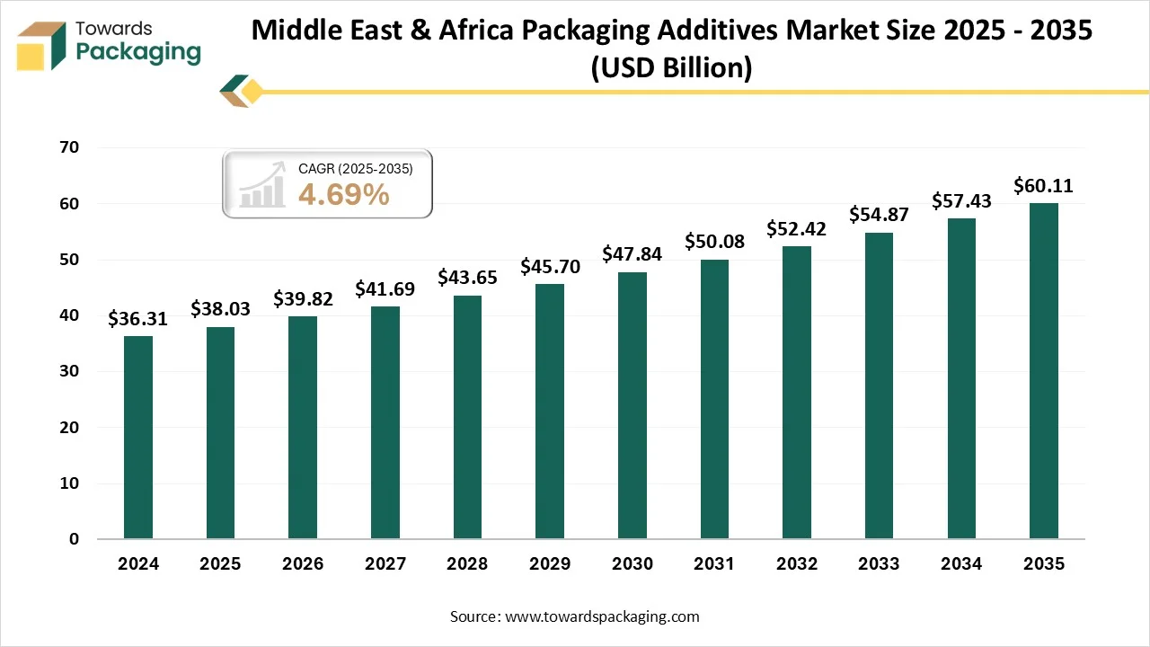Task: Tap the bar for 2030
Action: (632, 405)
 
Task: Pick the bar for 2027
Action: (385, 422)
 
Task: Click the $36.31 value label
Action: (137, 319)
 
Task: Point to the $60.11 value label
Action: (1043, 186)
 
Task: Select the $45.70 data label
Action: (550, 267)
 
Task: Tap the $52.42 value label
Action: (796, 229)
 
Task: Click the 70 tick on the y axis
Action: (69, 148)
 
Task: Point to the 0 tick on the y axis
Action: (75, 539)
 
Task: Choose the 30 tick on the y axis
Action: (69, 371)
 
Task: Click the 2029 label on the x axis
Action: (550, 564)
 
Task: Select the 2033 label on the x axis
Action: (879, 564)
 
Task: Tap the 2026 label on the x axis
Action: (303, 564)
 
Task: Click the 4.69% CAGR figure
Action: (343, 193)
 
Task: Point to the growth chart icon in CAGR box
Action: (261, 186)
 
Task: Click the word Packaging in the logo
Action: (138, 52)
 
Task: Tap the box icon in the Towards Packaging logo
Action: (43, 45)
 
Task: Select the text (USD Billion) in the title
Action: (671, 66)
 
